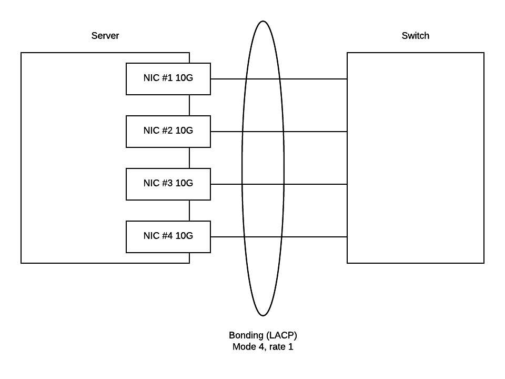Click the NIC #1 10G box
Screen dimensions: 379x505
(x=168, y=79)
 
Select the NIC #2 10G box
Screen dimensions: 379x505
(x=168, y=132)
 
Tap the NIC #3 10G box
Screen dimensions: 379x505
(x=168, y=184)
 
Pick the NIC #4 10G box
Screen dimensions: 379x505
(x=168, y=237)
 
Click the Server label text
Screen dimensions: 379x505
(x=105, y=36)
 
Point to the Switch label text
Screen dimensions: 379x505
(x=415, y=36)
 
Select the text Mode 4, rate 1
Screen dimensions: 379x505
(x=262, y=347)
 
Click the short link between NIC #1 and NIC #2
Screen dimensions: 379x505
(x=189, y=105)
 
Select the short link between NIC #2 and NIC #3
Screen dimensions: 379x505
(x=189, y=158)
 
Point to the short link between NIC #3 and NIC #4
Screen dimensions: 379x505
(x=189, y=211)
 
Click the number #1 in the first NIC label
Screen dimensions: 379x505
(x=167, y=78)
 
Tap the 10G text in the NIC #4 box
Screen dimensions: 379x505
(x=184, y=236)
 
